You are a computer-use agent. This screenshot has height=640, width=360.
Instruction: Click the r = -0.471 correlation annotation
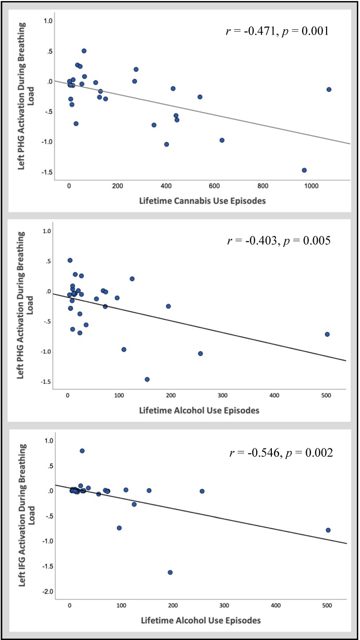click(275, 31)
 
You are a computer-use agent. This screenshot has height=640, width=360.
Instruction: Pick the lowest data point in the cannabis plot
click(304, 170)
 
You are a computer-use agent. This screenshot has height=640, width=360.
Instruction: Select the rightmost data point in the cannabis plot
click(329, 89)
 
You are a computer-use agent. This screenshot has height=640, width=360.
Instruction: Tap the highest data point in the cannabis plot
click(84, 51)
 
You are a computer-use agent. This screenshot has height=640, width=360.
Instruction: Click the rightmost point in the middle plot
click(327, 334)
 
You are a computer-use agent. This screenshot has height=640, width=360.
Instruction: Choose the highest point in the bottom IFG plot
click(82, 451)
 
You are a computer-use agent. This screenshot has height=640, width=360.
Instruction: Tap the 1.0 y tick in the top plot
click(49, 21)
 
